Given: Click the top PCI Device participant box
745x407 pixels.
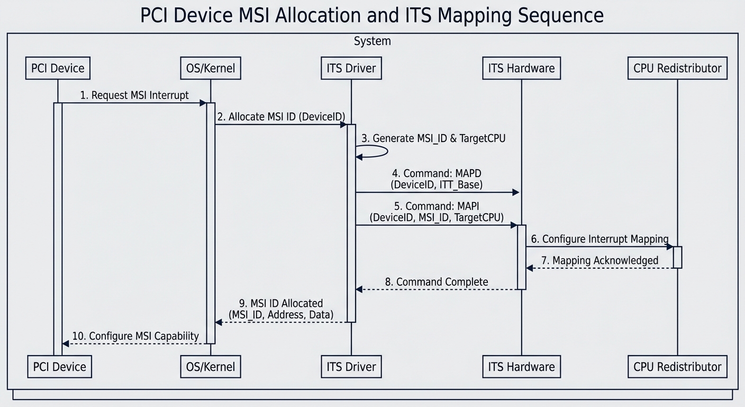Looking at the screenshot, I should point(58,68).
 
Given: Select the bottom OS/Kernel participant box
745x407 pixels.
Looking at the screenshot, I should point(211,367).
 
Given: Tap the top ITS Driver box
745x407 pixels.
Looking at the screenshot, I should point(351,68).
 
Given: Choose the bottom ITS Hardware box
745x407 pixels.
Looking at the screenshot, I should point(521,367).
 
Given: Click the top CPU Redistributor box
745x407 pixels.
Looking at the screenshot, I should point(677,68).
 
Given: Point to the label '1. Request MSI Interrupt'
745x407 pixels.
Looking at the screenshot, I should point(134,95).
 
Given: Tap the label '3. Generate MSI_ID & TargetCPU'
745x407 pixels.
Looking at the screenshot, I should point(433,138).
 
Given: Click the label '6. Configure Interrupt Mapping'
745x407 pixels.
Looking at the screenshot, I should point(599,239).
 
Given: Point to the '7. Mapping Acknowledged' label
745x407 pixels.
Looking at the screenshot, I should point(599,260).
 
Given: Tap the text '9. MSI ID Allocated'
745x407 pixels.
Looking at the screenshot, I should point(280,303).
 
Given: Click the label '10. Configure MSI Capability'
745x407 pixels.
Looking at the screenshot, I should point(135,336).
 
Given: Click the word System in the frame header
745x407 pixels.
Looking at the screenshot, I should point(372,41).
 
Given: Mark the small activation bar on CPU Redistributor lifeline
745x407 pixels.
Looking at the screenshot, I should point(677,257).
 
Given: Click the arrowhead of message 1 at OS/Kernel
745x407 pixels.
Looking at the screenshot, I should point(203,103).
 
